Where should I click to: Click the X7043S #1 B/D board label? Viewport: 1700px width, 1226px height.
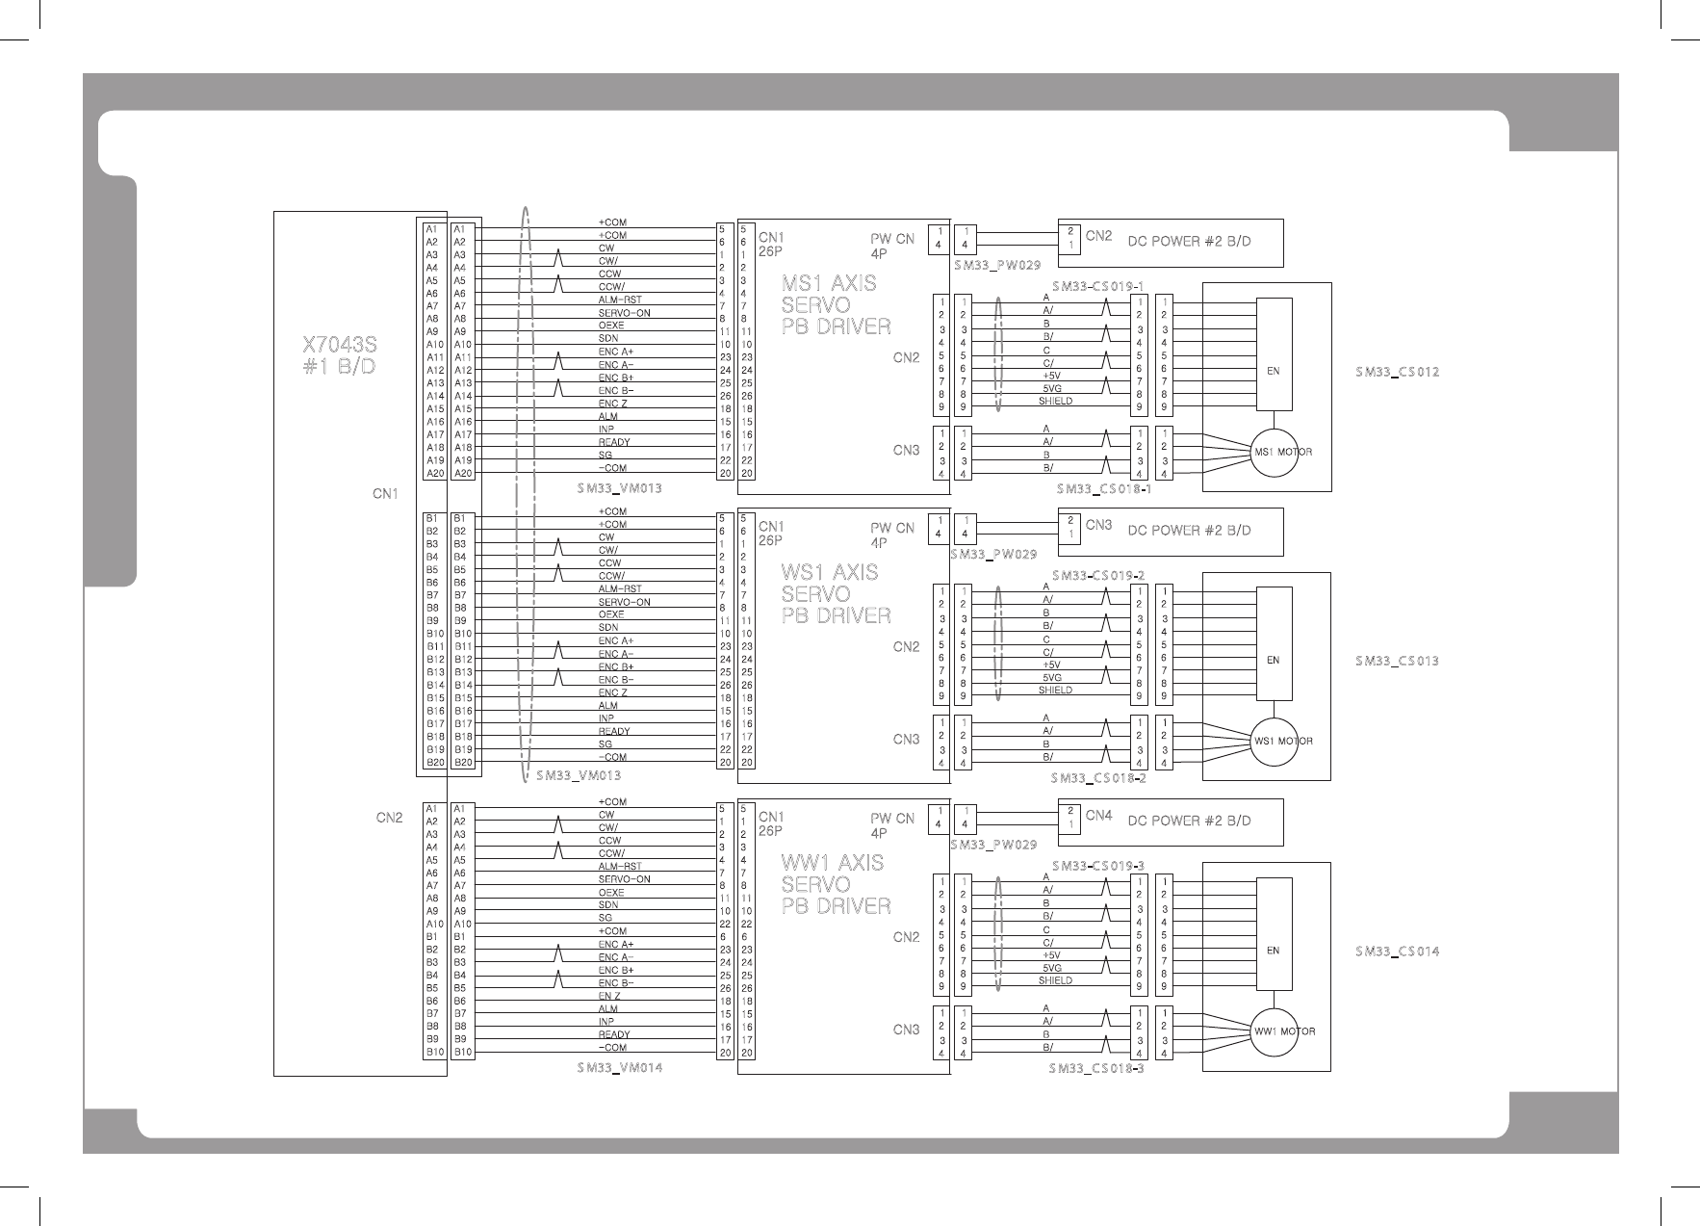pos(339,355)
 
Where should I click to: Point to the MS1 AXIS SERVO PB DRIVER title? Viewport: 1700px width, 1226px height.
pos(836,305)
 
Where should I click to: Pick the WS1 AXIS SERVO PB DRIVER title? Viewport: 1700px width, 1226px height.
pos(836,594)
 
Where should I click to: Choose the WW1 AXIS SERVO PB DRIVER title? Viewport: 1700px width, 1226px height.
pos(836,884)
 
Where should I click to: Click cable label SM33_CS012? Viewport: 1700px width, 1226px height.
pos(1397,372)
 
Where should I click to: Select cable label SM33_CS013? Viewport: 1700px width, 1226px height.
pos(1397,661)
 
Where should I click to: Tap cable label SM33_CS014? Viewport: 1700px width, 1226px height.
pos(1397,952)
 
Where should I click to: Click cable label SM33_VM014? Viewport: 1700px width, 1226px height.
pos(620,1068)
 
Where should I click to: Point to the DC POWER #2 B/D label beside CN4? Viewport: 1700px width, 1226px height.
pos(1189,821)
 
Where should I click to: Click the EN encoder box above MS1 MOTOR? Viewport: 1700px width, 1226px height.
pos(1274,370)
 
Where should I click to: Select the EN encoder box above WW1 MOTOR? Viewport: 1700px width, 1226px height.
pos(1274,950)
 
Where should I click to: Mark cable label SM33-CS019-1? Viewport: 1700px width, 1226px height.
pos(1097,286)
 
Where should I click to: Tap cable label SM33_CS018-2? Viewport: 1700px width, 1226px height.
pos(1098,778)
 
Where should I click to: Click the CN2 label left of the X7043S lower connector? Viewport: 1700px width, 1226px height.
pos(389,818)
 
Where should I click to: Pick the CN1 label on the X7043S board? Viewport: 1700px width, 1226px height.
pos(385,494)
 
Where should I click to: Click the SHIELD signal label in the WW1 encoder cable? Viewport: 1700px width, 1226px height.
pos(1055,980)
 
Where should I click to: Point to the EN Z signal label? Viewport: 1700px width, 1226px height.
pos(609,996)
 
